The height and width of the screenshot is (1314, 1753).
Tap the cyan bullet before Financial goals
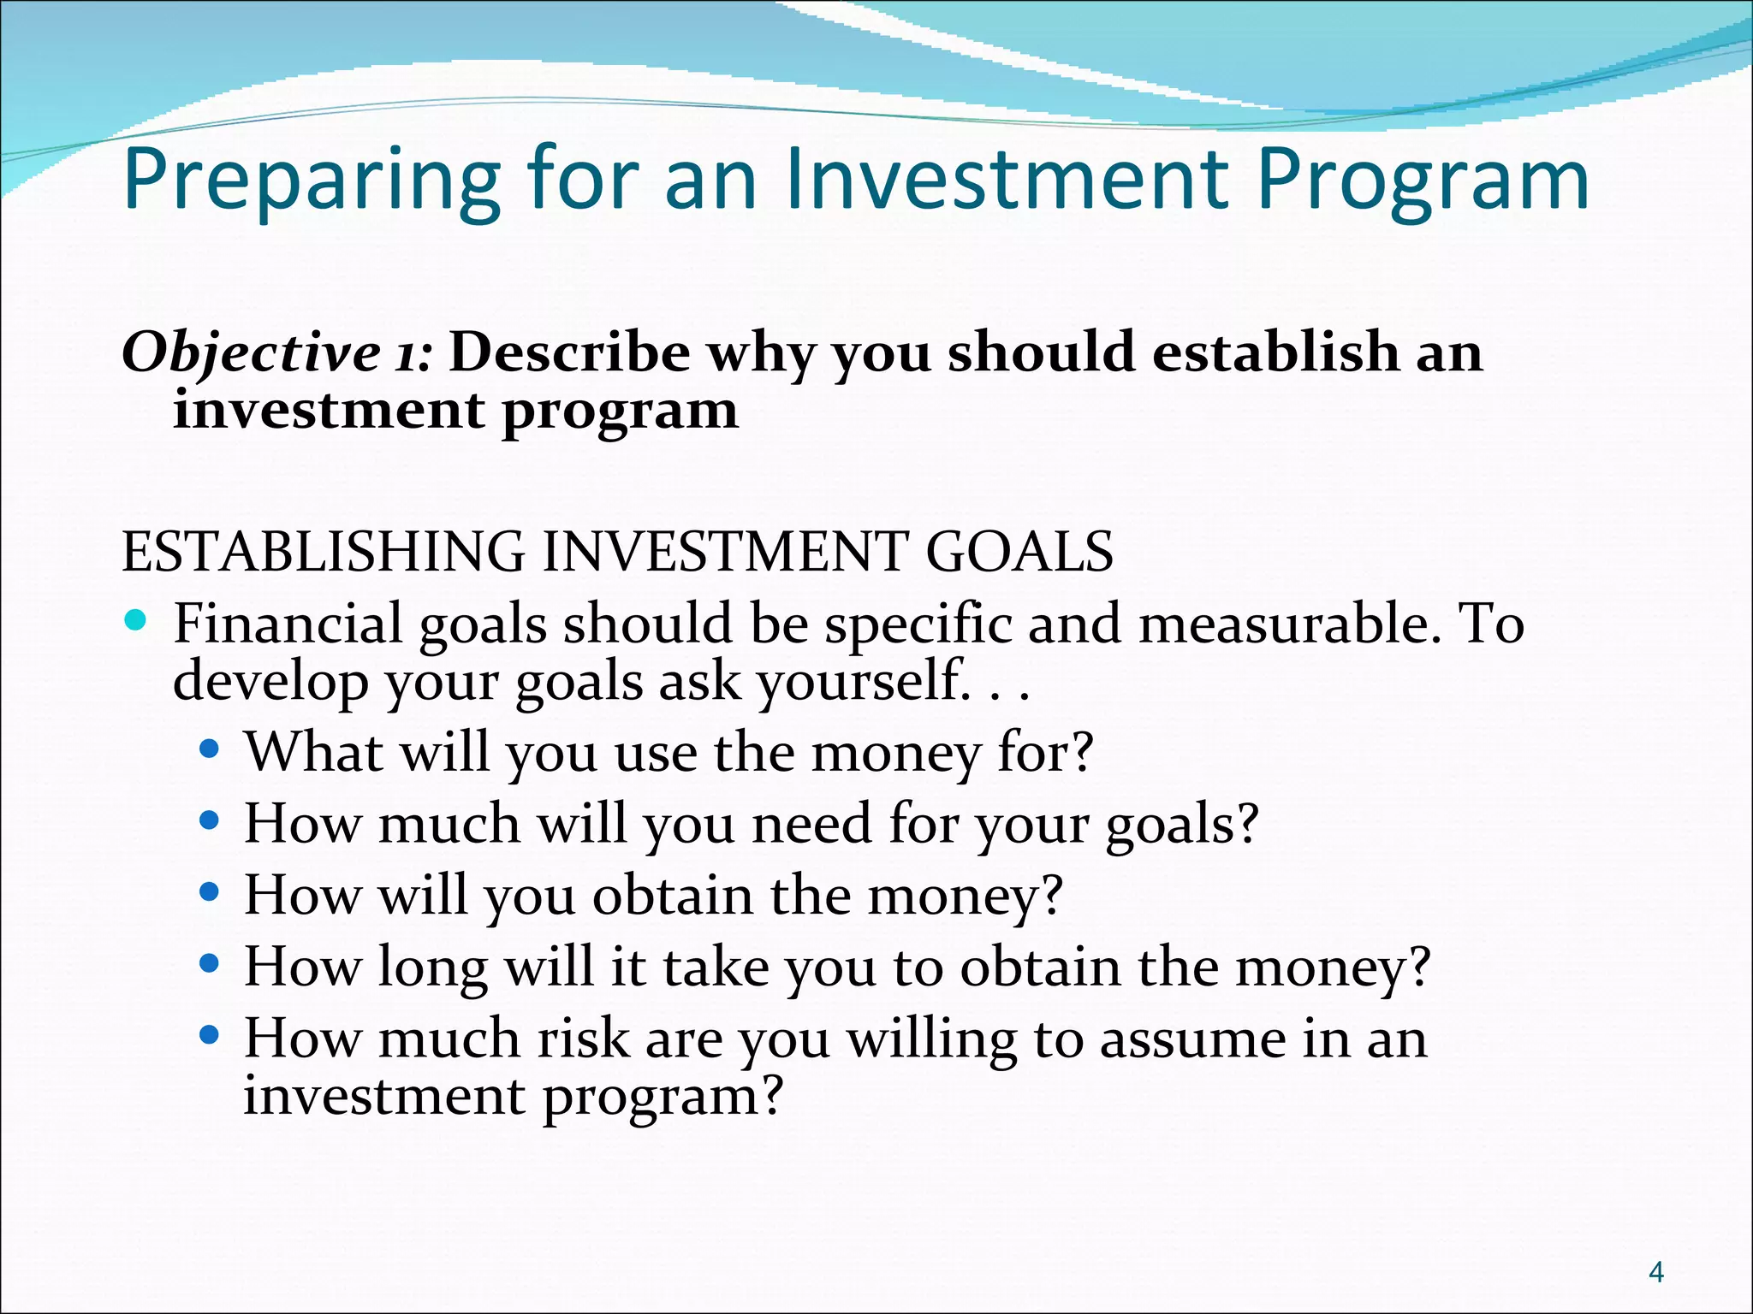[135, 619]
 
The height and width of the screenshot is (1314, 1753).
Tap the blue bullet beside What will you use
[209, 750]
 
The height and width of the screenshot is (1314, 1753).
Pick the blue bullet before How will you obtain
[209, 892]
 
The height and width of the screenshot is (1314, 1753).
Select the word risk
[583, 1039]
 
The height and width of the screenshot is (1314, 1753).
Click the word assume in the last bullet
[1191, 1039]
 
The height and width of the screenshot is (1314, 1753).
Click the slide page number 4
[1656, 1272]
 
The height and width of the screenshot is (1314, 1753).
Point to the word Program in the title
[1422, 181]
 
